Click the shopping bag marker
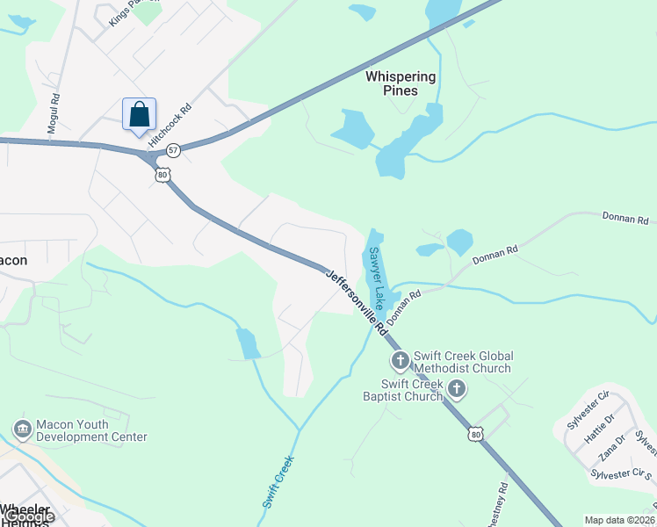[139, 115]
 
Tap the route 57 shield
[174, 150]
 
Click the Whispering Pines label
[403, 83]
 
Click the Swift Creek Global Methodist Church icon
[400, 361]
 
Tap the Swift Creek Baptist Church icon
[456, 389]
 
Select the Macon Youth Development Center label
[91, 430]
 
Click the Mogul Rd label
[54, 114]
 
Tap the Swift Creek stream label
[278, 481]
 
